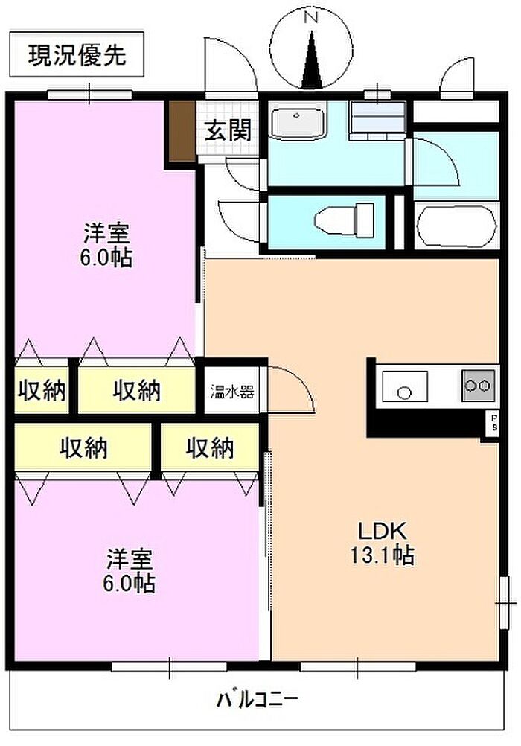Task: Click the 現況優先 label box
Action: tap(77, 54)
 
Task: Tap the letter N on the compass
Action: tap(311, 18)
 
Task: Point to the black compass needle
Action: tap(311, 60)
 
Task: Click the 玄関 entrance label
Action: tap(228, 130)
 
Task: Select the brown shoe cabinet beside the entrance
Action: tap(182, 131)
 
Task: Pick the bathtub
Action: tap(456, 226)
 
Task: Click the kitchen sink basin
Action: tap(405, 386)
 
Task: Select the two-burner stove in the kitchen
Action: tap(478, 385)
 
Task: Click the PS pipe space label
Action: tap(494, 422)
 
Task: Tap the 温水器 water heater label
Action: tap(232, 392)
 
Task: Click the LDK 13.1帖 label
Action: tap(382, 542)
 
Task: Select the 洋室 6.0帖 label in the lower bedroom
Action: tap(129, 571)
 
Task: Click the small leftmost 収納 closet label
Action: tap(42, 391)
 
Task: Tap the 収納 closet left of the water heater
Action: tap(136, 391)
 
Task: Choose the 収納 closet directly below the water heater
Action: tap(210, 448)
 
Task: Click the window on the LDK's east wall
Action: tap(504, 603)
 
